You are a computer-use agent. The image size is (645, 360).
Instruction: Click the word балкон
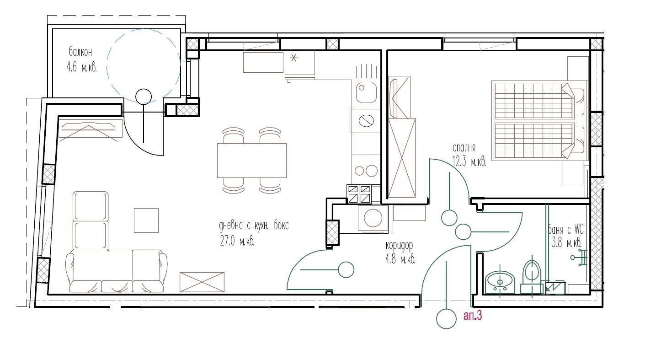(x=80, y=52)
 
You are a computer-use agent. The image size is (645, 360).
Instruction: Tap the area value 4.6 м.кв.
(x=81, y=67)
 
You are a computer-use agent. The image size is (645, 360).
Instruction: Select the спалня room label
(x=464, y=148)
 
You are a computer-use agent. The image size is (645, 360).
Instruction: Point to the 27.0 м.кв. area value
(x=237, y=241)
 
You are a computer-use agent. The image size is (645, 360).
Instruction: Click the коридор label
(x=399, y=246)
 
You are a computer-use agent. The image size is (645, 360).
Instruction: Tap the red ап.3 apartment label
(x=473, y=316)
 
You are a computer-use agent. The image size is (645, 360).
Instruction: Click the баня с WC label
(x=566, y=230)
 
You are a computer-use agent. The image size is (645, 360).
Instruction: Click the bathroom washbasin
(x=500, y=282)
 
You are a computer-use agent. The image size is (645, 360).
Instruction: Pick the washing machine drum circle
(x=373, y=218)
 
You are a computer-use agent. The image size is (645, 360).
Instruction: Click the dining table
(x=252, y=161)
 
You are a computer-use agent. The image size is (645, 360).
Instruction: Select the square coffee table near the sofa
(x=146, y=220)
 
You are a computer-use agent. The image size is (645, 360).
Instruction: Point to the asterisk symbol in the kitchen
(x=293, y=59)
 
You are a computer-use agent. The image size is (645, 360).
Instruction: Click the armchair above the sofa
(x=91, y=221)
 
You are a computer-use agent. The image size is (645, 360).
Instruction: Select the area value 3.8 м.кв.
(x=566, y=243)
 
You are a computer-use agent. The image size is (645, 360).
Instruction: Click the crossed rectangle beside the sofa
(x=202, y=282)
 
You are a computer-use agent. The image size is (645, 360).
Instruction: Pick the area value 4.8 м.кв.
(x=400, y=259)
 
